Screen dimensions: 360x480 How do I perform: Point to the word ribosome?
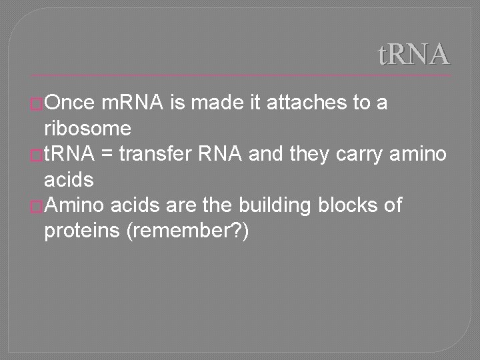pyautogui.click(x=87, y=129)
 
